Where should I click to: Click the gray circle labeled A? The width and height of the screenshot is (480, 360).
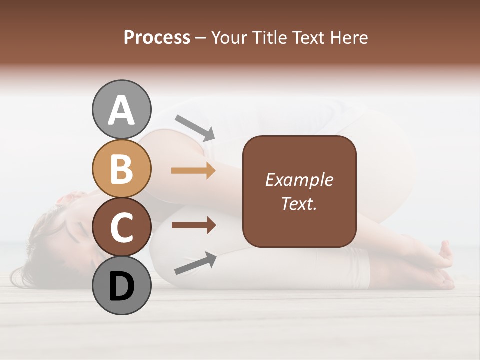(x=121, y=110)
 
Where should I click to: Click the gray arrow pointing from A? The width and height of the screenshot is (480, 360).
(x=195, y=127)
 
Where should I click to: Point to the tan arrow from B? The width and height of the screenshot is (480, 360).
(x=193, y=171)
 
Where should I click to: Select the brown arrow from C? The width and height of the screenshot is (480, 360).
(x=193, y=225)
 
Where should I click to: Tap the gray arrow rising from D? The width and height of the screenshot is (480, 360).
(x=195, y=263)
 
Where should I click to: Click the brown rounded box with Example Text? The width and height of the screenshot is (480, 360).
(x=299, y=191)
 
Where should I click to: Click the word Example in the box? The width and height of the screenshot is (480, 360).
(x=299, y=180)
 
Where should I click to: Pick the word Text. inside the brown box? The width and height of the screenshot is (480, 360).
(x=299, y=203)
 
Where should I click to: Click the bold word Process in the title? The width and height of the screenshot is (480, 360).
(x=157, y=38)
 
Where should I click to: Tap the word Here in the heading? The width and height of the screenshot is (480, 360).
(x=350, y=38)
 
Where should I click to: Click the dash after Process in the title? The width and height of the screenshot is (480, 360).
(x=200, y=38)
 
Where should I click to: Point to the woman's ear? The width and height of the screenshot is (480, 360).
(x=65, y=200)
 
